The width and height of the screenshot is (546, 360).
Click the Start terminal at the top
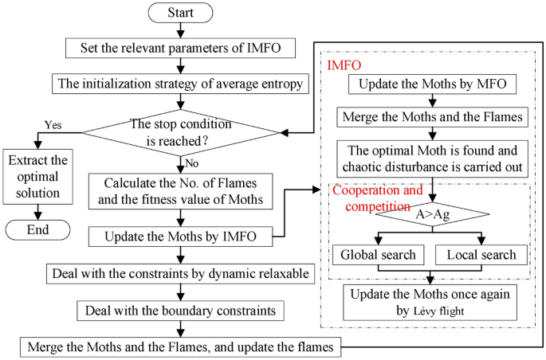(180, 14)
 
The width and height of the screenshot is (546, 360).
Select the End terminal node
(37, 230)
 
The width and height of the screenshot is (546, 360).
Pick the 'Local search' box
(481, 256)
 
